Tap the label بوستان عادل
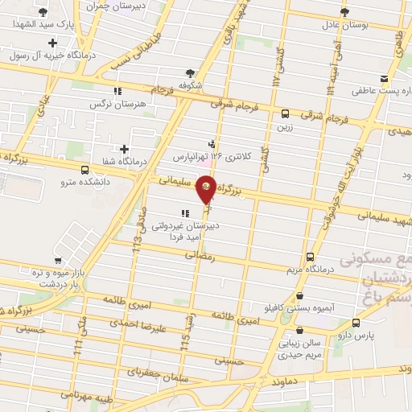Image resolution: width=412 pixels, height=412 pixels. click(x=344, y=26)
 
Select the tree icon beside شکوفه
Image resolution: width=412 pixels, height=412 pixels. click(x=189, y=72)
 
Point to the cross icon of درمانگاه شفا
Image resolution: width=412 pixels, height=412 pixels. click(x=124, y=149)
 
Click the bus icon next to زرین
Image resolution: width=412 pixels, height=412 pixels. click(x=286, y=113)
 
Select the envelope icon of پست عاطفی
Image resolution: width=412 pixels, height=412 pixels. click(x=384, y=80)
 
